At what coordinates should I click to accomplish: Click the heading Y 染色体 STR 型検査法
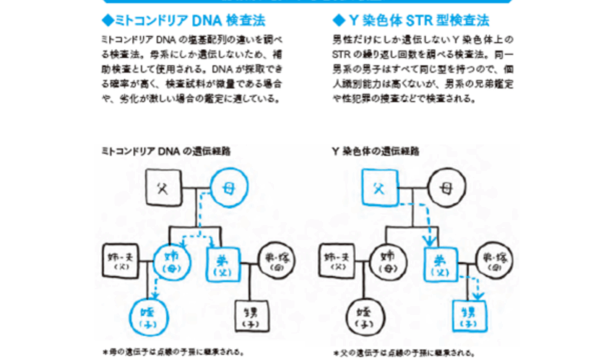(x=411, y=21)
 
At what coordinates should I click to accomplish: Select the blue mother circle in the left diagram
(x=229, y=188)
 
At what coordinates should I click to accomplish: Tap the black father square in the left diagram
(x=161, y=188)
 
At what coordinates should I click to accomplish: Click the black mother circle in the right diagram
(x=446, y=188)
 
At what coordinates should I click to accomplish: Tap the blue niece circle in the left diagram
(x=148, y=314)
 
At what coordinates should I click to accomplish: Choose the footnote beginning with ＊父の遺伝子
(x=405, y=353)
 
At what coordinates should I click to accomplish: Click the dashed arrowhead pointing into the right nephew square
(x=477, y=296)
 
